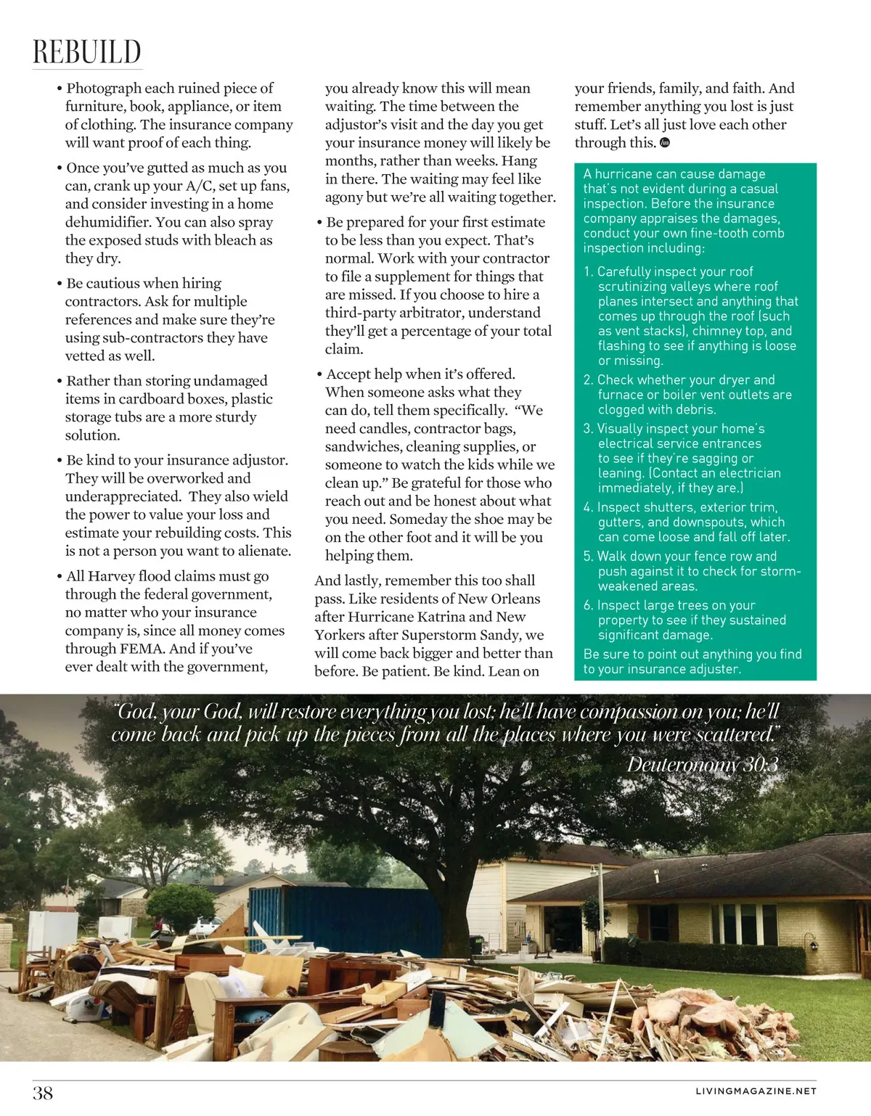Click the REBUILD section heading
coord(87,52)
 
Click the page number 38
coord(43,1093)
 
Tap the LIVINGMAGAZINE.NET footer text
coord(756,1091)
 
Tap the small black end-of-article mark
coord(665,143)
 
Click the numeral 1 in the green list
coord(587,272)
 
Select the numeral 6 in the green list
coord(587,606)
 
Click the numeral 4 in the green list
coord(587,508)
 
